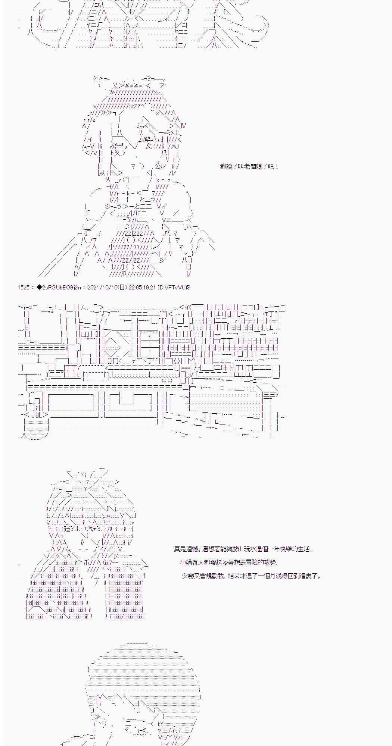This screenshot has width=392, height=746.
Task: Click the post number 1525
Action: pyautogui.click(x=23, y=287)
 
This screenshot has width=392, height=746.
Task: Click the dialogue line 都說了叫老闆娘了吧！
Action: pyautogui.click(x=249, y=166)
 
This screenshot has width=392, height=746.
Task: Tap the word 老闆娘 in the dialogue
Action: pyautogui.click(x=253, y=166)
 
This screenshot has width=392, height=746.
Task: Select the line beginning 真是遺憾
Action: pyautogui.click(x=243, y=549)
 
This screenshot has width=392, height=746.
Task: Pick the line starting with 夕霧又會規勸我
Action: pyautogui.click(x=251, y=576)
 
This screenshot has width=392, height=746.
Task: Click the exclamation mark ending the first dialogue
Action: pyautogui.click(x=276, y=166)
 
